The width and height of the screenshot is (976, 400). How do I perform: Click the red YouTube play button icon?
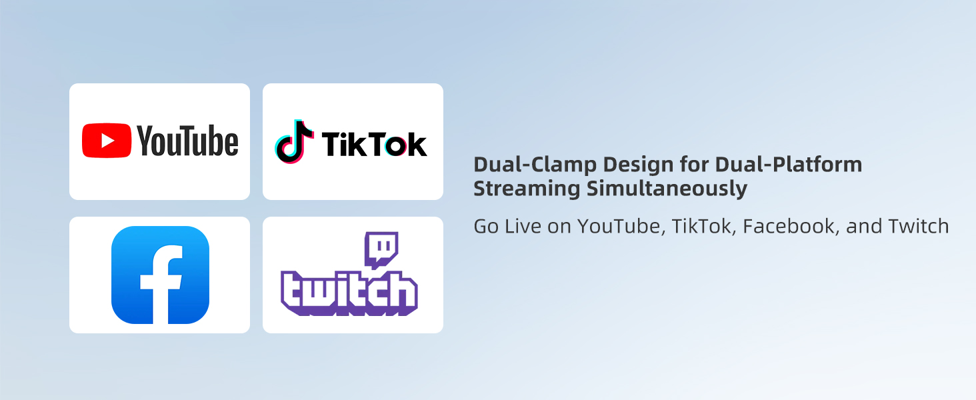point(106,140)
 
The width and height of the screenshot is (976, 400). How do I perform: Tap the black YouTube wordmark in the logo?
point(188,140)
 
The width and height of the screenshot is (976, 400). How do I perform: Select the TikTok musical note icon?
point(294,141)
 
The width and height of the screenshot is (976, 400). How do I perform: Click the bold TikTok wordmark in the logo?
point(374,144)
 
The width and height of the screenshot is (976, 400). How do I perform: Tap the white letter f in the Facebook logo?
point(161,284)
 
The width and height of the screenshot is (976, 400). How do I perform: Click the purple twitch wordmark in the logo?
point(349,293)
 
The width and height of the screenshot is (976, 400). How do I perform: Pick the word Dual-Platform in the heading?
point(789,165)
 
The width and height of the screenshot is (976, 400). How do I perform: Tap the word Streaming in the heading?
point(527,189)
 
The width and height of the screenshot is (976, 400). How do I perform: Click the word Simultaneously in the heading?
point(667,189)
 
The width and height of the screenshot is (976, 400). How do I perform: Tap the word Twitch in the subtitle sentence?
point(919,227)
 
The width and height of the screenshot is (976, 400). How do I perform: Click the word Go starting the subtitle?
point(486,227)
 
